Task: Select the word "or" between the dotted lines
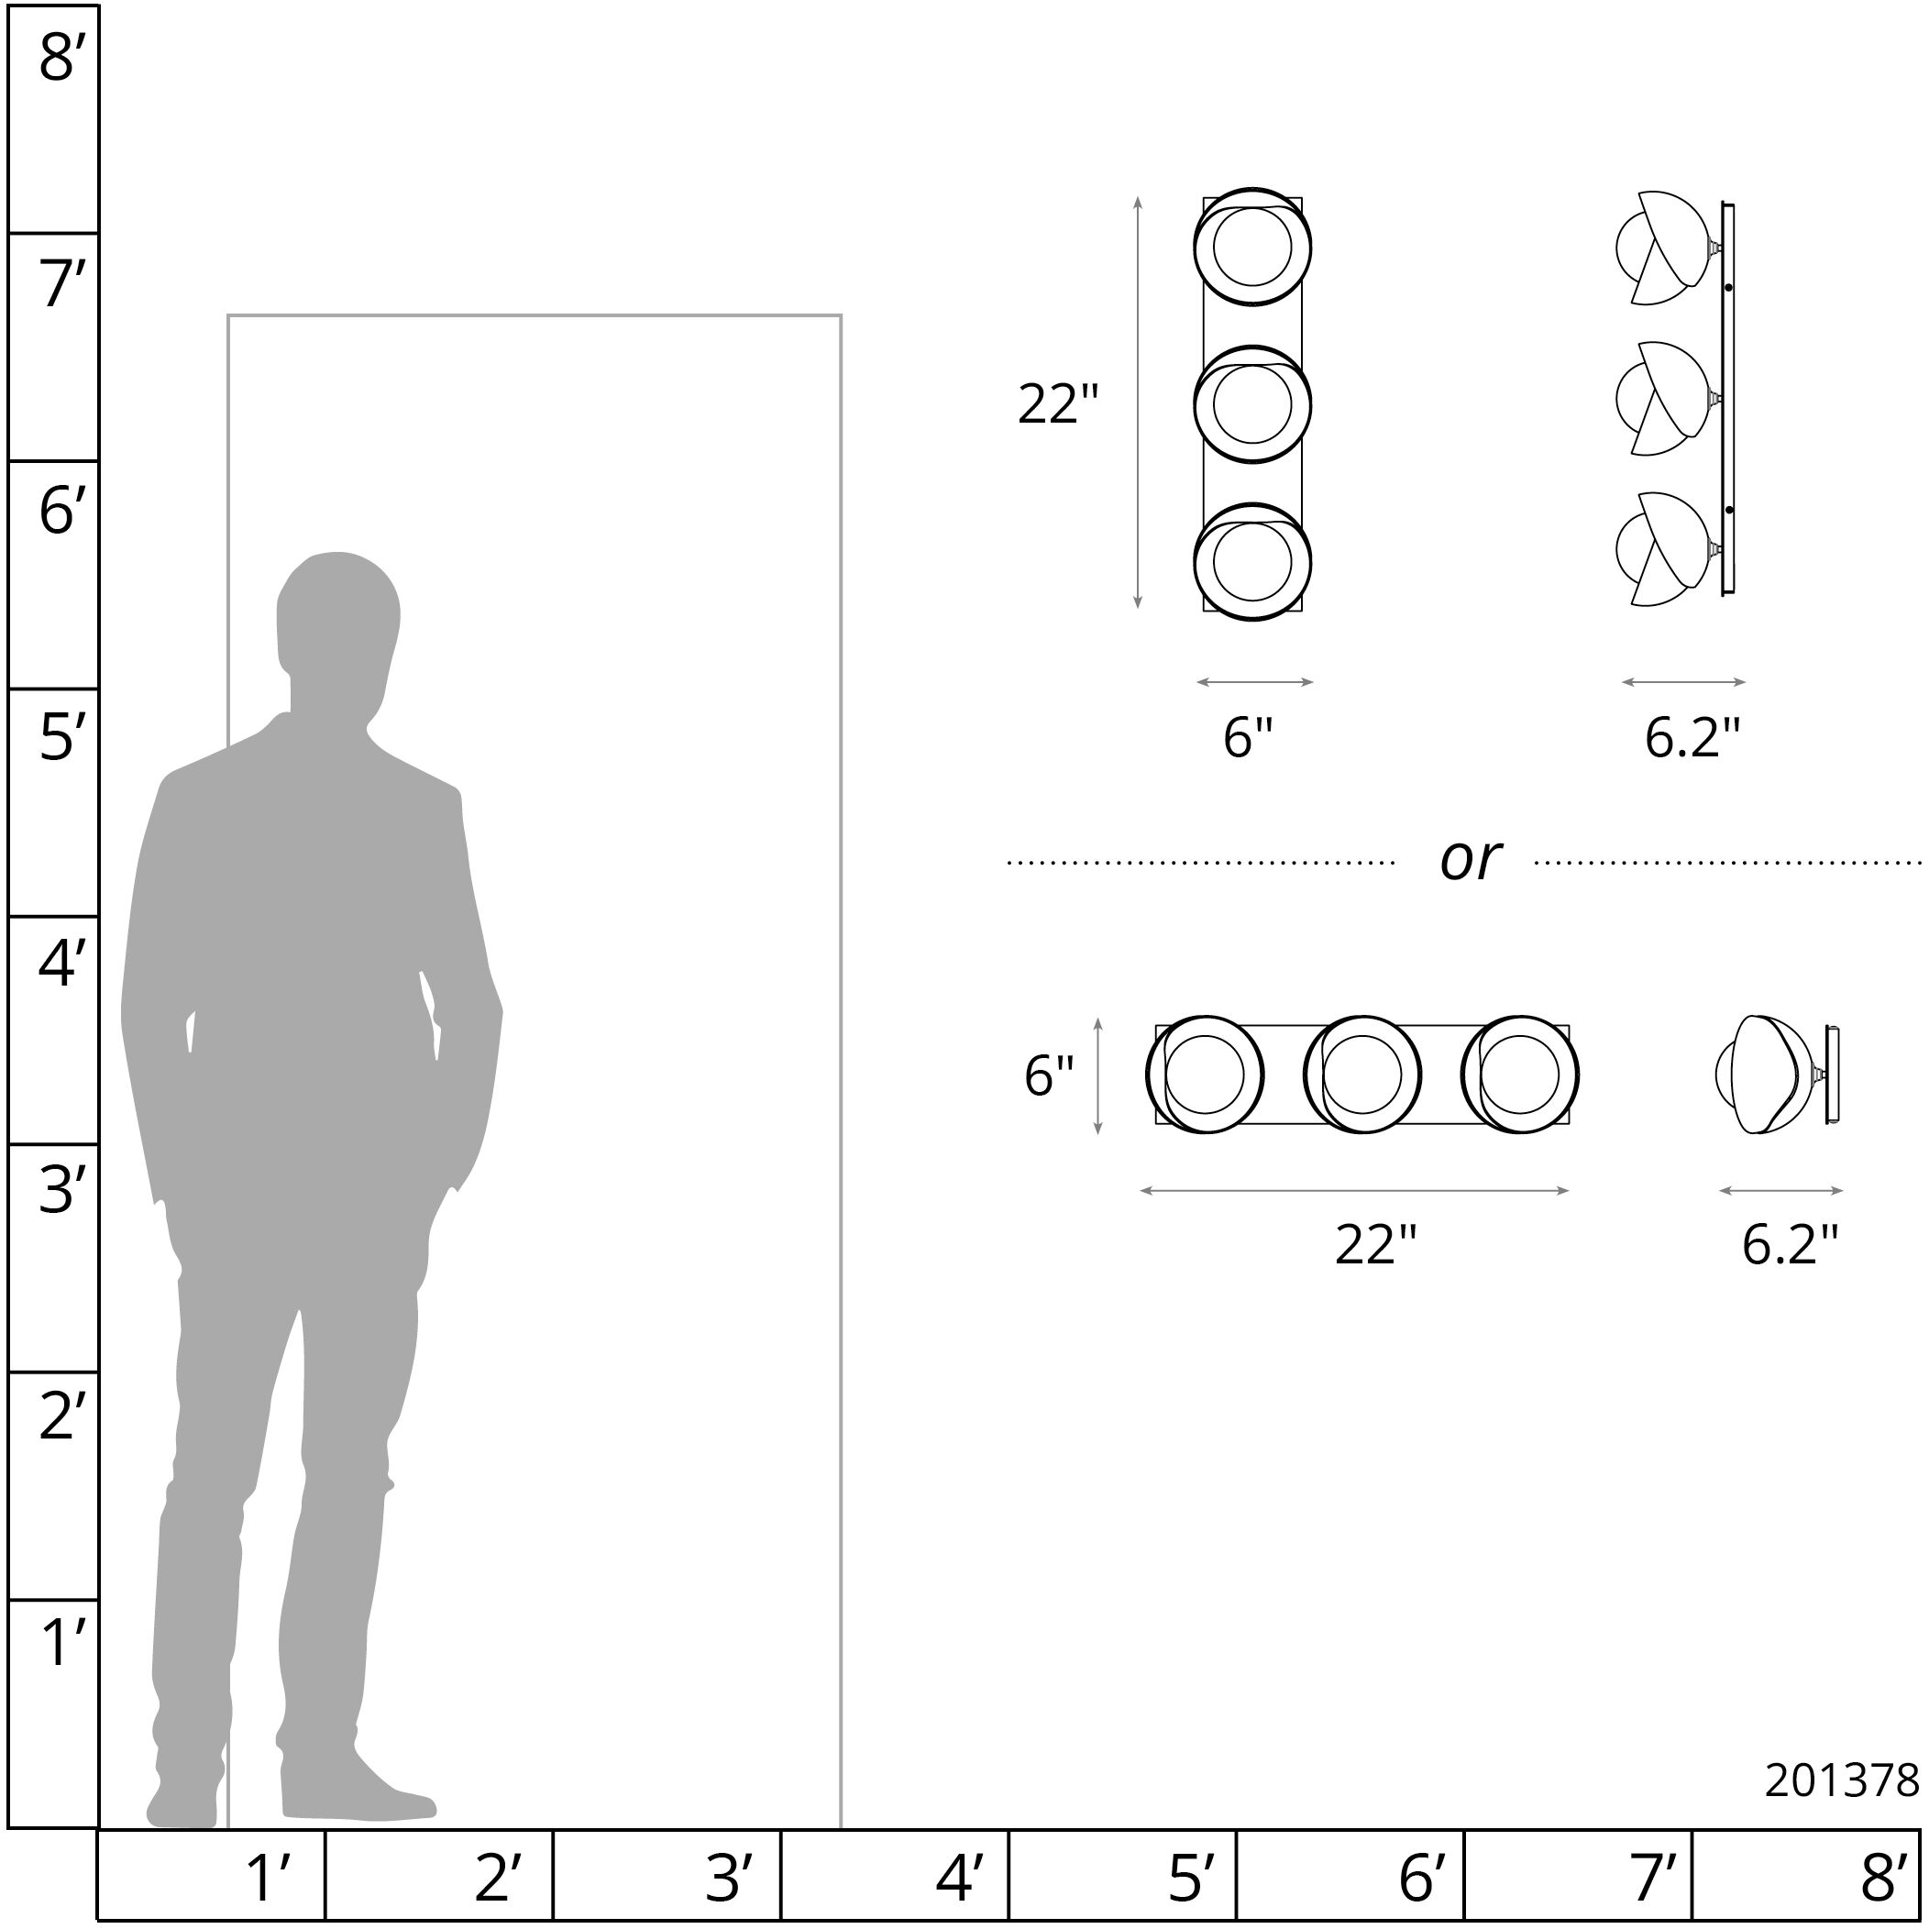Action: point(1470,860)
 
